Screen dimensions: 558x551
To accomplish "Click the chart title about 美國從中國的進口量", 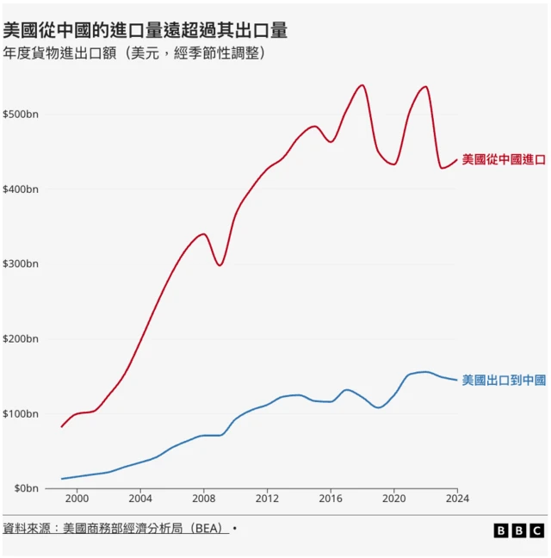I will (x=145, y=31).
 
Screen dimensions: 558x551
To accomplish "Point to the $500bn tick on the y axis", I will (x=21, y=115).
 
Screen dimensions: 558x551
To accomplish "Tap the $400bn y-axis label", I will (x=21, y=189).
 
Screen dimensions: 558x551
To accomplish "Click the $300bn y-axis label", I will (x=21, y=264).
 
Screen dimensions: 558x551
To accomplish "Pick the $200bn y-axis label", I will (x=21, y=339).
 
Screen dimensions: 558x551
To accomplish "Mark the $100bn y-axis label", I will (x=21, y=414).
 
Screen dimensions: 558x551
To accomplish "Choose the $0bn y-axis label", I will (x=24, y=488).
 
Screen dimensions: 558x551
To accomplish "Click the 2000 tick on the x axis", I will (x=77, y=498).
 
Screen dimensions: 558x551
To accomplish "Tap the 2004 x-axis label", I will (x=140, y=498).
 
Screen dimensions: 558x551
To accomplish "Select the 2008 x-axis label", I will (x=204, y=498).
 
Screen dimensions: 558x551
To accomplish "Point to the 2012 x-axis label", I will (x=267, y=498).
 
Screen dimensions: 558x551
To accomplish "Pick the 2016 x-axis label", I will (x=331, y=498).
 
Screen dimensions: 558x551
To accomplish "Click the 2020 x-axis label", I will (x=394, y=498).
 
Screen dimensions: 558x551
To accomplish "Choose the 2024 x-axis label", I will (x=457, y=498).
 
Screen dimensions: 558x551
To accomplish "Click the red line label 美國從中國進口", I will (x=504, y=160).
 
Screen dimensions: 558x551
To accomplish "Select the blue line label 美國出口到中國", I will (x=504, y=380).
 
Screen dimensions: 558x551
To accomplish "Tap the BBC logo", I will (x=519, y=530).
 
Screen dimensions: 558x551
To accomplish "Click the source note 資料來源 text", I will (x=116, y=529).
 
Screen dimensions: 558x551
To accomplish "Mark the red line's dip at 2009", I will (x=220, y=265).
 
